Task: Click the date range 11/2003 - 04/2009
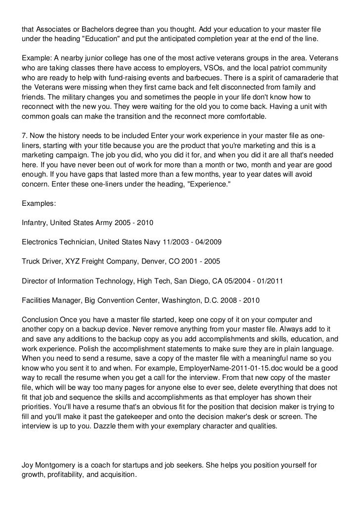coord(191,242)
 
